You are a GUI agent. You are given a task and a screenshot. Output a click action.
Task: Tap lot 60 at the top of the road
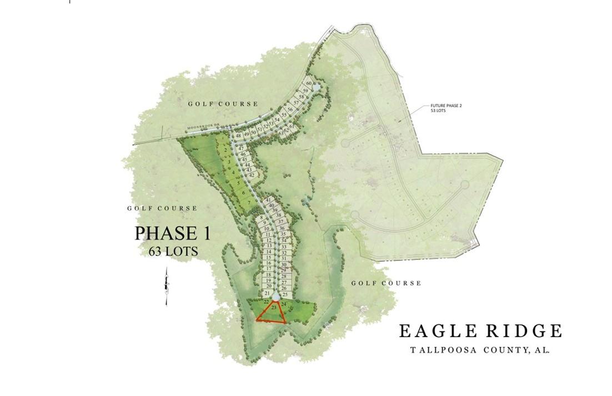click(309, 83)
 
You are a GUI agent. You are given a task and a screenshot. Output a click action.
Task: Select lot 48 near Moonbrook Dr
click(238, 136)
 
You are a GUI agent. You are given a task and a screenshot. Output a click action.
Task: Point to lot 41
click(268, 200)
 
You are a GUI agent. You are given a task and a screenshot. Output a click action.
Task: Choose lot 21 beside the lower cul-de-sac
click(267, 293)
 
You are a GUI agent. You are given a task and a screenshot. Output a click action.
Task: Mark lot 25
click(285, 295)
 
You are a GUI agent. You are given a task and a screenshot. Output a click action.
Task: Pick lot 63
click(281, 134)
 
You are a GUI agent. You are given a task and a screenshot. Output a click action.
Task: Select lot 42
click(251, 176)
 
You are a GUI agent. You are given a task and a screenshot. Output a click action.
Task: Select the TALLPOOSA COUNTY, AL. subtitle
click(480, 350)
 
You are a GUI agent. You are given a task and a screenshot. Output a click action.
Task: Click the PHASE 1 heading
click(172, 233)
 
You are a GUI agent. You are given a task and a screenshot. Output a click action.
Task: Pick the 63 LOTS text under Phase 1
click(173, 251)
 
